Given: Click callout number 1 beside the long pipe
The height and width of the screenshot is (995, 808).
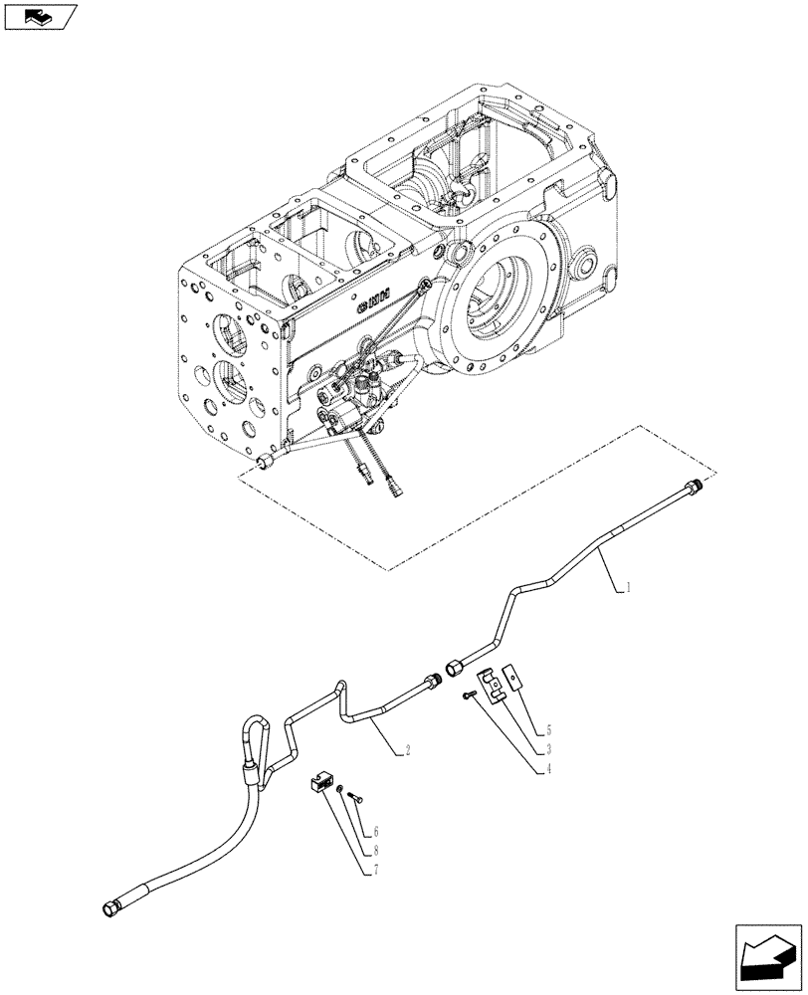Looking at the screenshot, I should pyautogui.click(x=629, y=589).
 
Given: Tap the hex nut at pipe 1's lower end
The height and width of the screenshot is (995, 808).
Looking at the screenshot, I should pyautogui.click(x=452, y=666).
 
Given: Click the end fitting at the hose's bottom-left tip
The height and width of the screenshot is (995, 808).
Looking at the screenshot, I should pyautogui.click(x=109, y=907).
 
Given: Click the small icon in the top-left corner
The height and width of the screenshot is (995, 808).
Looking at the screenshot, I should pyautogui.click(x=40, y=15).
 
